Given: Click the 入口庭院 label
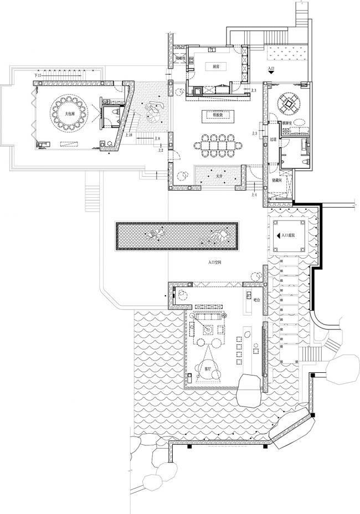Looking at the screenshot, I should click(289, 235).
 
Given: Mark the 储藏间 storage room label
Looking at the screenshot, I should click(277, 181).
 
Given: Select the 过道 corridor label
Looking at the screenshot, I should click(272, 140).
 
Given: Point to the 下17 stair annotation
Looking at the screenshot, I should click(38, 75).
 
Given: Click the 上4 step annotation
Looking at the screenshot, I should click(254, 195).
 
